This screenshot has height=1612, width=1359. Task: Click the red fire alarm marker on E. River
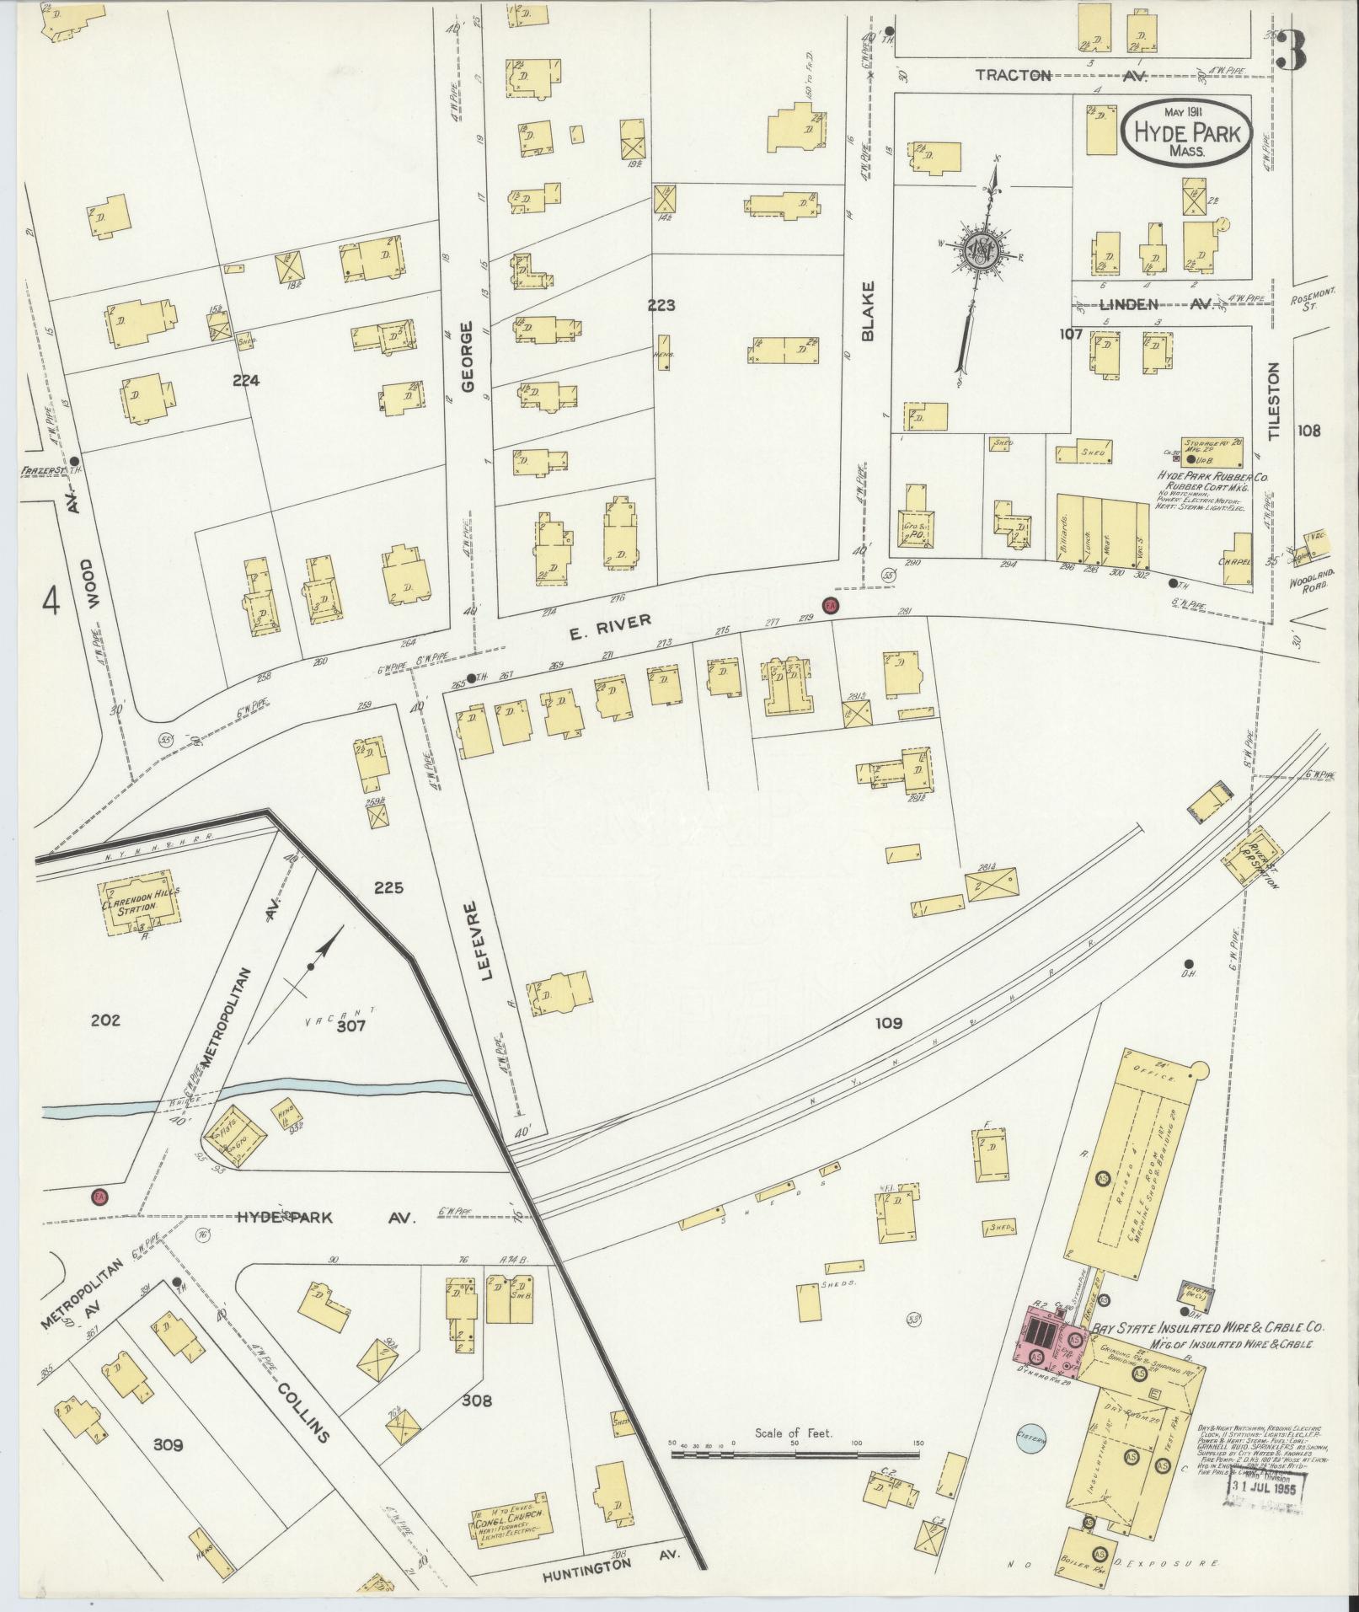(x=831, y=605)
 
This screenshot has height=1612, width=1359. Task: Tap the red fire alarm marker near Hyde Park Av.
(x=99, y=1196)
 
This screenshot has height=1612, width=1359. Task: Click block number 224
(x=246, y=381)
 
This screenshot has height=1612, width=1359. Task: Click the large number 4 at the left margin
(x=52, y=602)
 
